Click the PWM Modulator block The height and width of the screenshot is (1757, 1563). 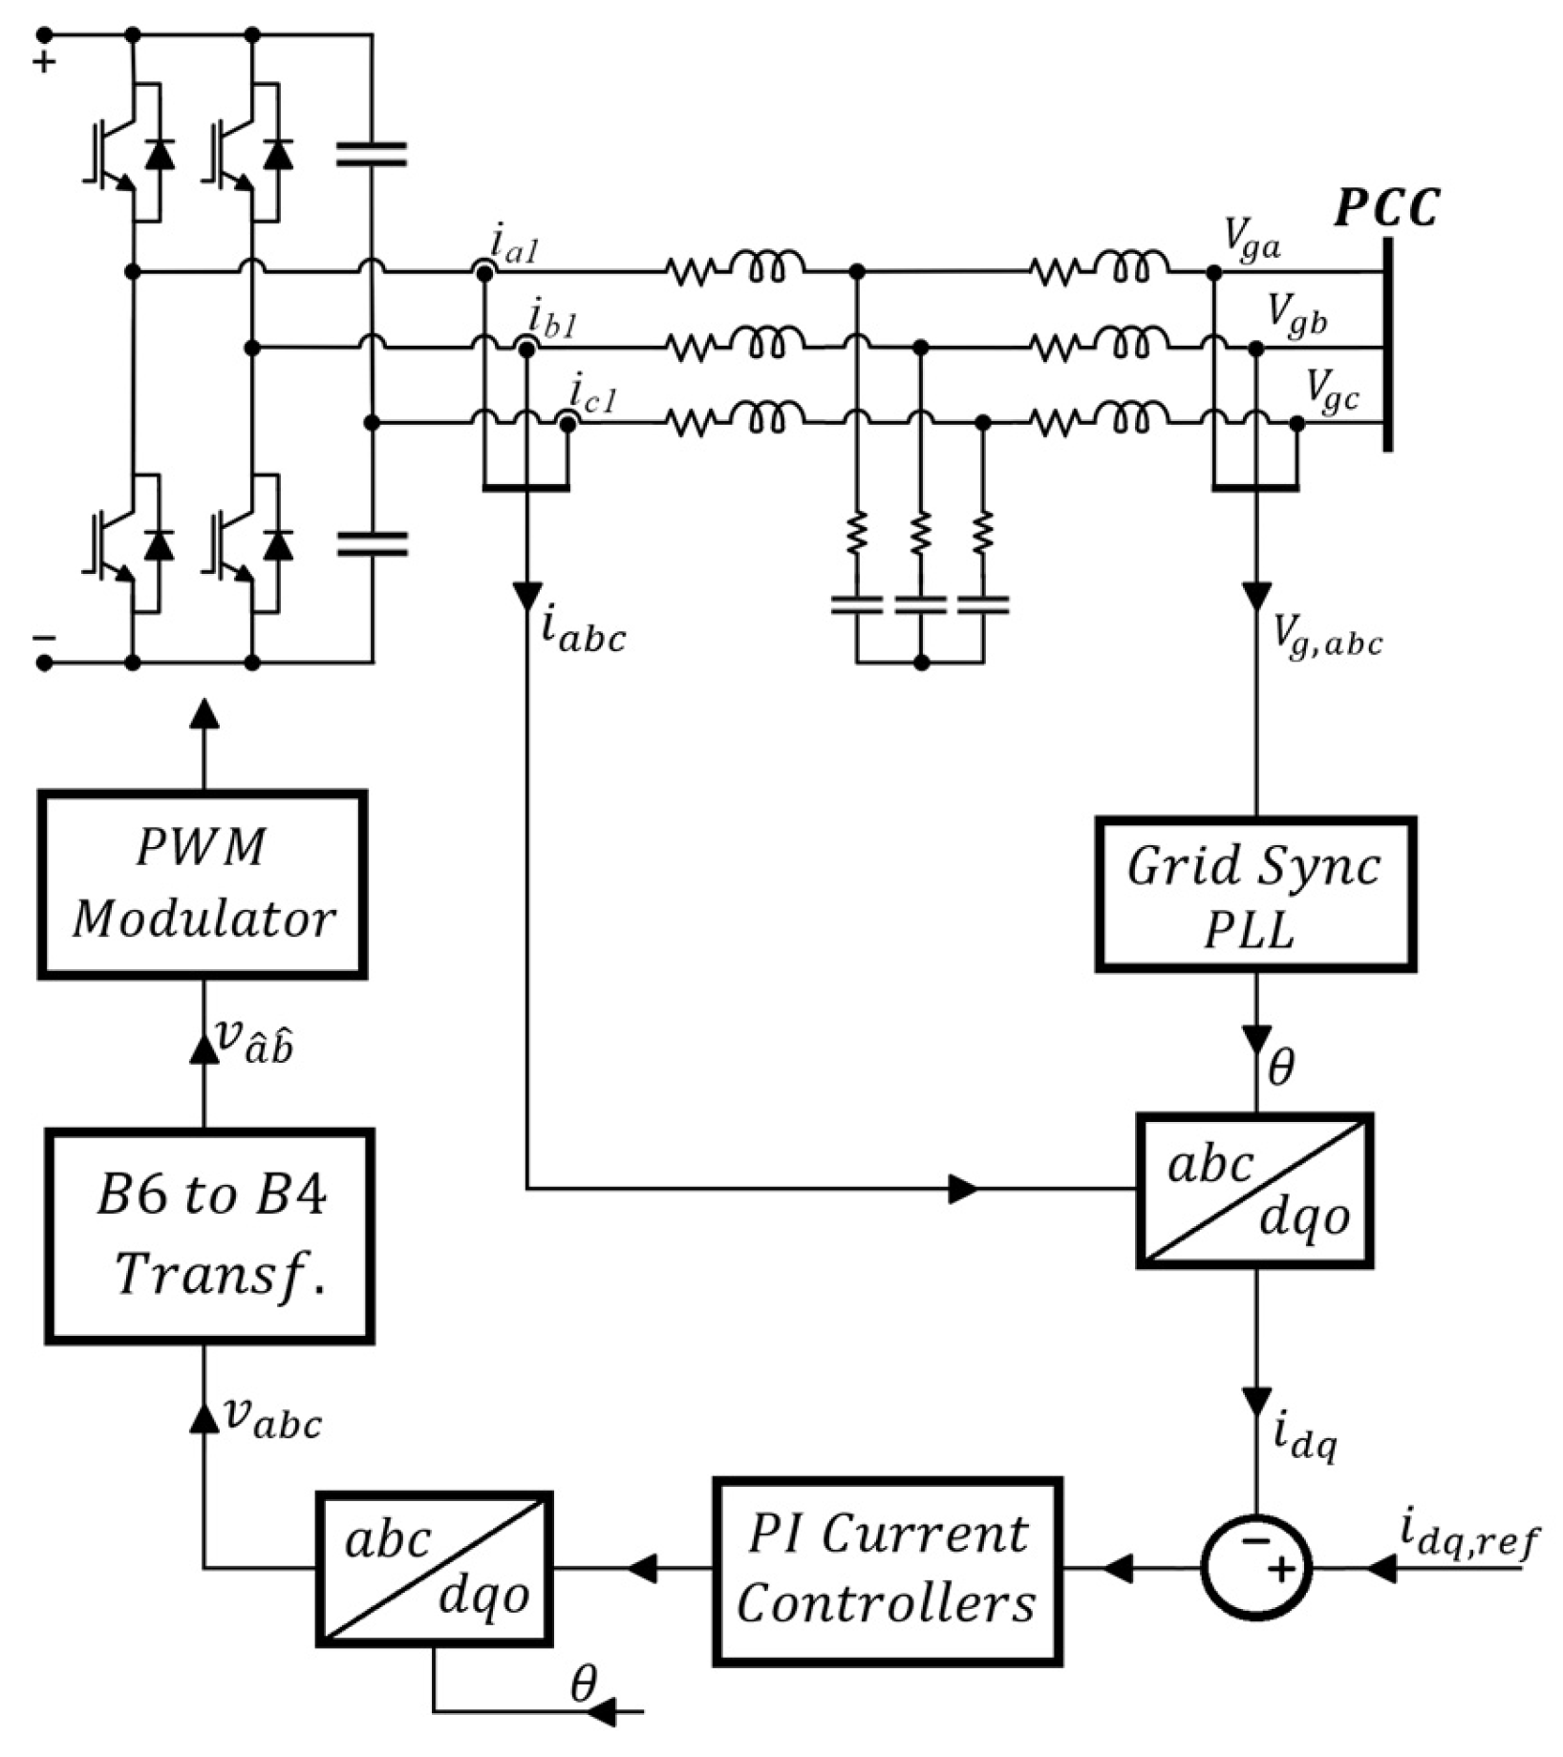click(x=202, y=883)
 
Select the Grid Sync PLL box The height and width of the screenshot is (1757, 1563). click(x=1254, y=895)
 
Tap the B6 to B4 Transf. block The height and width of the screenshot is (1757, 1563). click(x=209, y=1236)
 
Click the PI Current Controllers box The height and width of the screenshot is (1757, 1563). click(x=887, y=1571)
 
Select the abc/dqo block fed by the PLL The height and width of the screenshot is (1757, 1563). click(x=1254, y=1190)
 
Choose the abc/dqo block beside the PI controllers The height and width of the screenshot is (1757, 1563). click(x=435, y=1568)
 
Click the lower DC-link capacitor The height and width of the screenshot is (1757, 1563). click(x=372, y=544)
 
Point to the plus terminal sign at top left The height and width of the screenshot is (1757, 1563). click(x=45, y=63)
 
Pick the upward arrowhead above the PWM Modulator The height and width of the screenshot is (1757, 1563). click(x=203, y=713)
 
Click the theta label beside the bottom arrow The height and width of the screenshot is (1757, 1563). click(x=583, y=1685)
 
